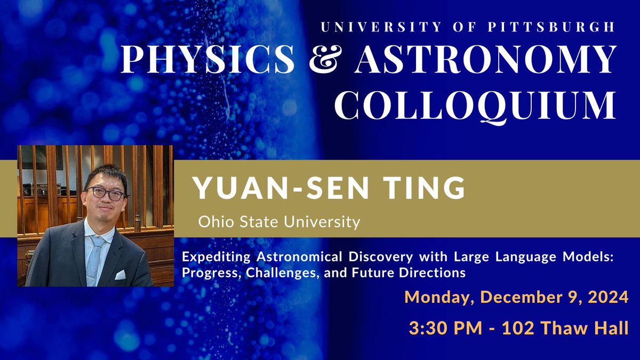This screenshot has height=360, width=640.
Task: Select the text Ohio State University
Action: [279, 221]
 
